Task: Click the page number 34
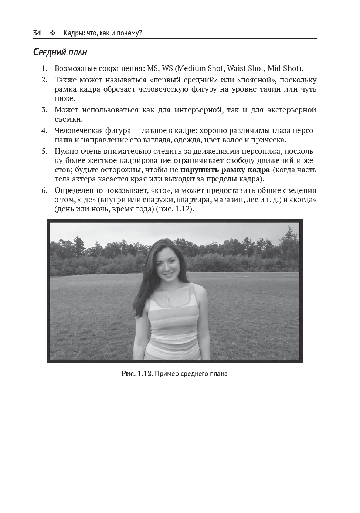[37, 33]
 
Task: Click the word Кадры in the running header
[72, 34]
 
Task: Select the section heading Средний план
[60, 53]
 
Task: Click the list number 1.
[44, 69]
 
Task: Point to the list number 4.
[44, 131]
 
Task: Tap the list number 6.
[44, 191]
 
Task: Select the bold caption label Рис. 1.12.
[137, 374]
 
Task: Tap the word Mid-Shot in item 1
[285, 69]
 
